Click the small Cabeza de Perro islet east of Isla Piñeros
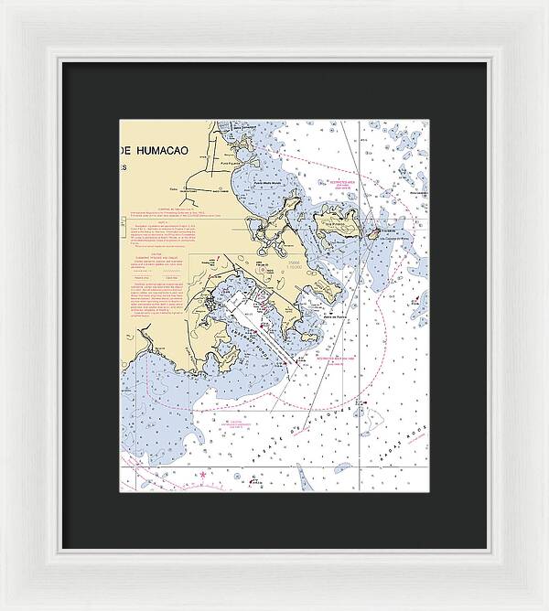click(x=372, y=233)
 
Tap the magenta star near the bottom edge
click(x=202, y=475)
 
